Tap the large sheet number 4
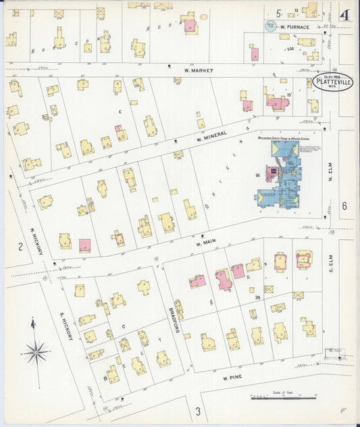point(346,15)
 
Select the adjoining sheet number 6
point(344,206)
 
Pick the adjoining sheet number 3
point(198,411)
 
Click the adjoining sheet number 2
point(20,247)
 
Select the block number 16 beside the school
point(257,176)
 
